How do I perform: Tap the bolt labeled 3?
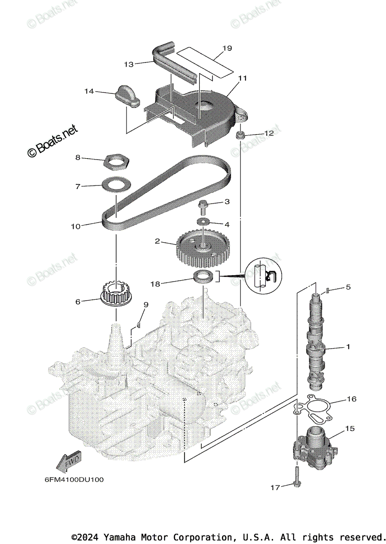pos(202,206)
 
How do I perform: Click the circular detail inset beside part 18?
pos(263,277)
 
